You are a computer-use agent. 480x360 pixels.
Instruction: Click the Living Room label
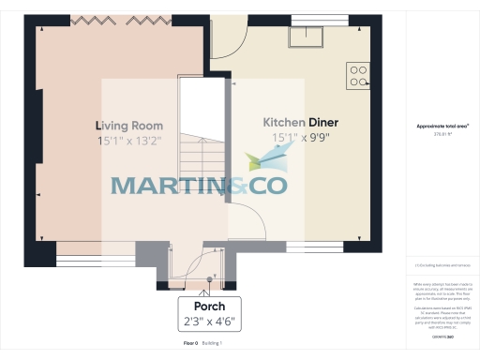[x=128, y=126]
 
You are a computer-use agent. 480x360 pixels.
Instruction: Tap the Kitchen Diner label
[x=300, y=123]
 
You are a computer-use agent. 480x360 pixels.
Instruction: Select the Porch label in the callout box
[x=209, y=307]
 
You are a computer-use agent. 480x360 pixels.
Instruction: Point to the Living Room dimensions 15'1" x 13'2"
[x=128, y=142]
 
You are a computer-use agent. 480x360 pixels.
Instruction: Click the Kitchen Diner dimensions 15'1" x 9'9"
[x=300, y=138]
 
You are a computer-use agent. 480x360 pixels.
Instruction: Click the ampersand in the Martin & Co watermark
[x=233, y=185]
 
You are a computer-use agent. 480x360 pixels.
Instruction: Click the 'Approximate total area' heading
[x=442, y=127]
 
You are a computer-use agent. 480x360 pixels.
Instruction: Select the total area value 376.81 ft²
[x=442, y=134]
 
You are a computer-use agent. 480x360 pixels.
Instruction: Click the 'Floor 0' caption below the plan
[x=190, y=345]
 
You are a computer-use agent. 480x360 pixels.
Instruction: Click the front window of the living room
[x=95, y=249]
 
